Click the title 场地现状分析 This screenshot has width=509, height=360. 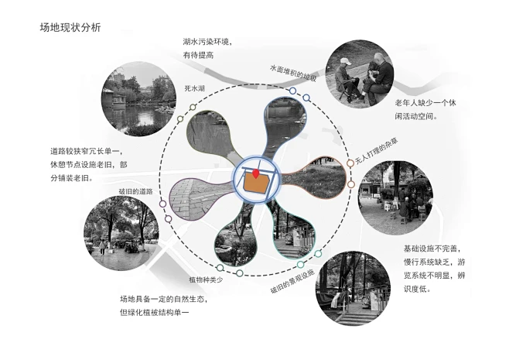tap(70, 28)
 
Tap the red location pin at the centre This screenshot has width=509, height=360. tap(256, 173)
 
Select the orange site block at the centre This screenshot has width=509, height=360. tap(256, 182)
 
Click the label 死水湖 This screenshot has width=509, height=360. tap(194, 88)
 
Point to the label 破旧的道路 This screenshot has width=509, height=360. tap(135, 191)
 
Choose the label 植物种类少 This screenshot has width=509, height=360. tap(206, 279)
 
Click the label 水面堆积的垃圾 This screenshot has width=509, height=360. tap(293, 73)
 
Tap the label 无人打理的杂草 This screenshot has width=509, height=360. tap(377, 152)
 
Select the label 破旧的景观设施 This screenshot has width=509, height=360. tap(292, 281)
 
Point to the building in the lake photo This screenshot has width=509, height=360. tap(114, 98)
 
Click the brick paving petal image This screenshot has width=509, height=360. tap(196, 199)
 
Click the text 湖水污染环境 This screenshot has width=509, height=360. tap(207, 42)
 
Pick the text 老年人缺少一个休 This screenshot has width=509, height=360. tap(425, 103)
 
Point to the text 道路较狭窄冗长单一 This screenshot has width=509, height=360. tap(87, 151)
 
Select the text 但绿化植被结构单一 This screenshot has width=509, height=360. tap(154, 313)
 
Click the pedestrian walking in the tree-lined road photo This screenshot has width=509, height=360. tap(102, 247)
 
